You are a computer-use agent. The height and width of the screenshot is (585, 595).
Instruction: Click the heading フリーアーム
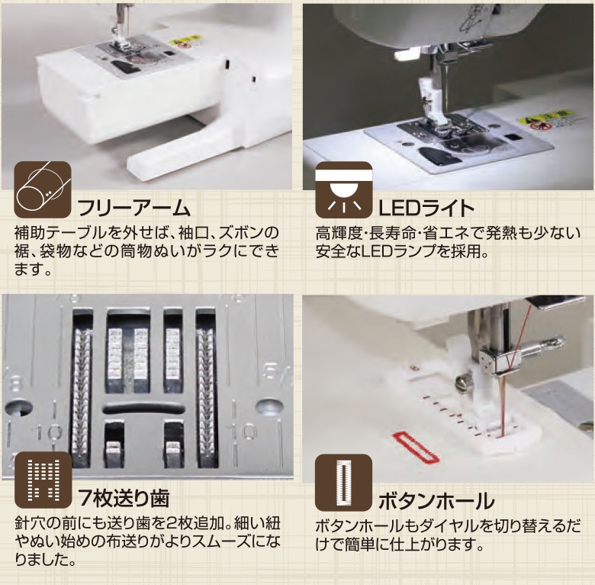(130, 208)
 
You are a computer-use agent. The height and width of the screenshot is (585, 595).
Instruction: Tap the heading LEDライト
(426, 208)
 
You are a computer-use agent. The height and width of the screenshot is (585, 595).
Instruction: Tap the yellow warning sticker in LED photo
(542, 120)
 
